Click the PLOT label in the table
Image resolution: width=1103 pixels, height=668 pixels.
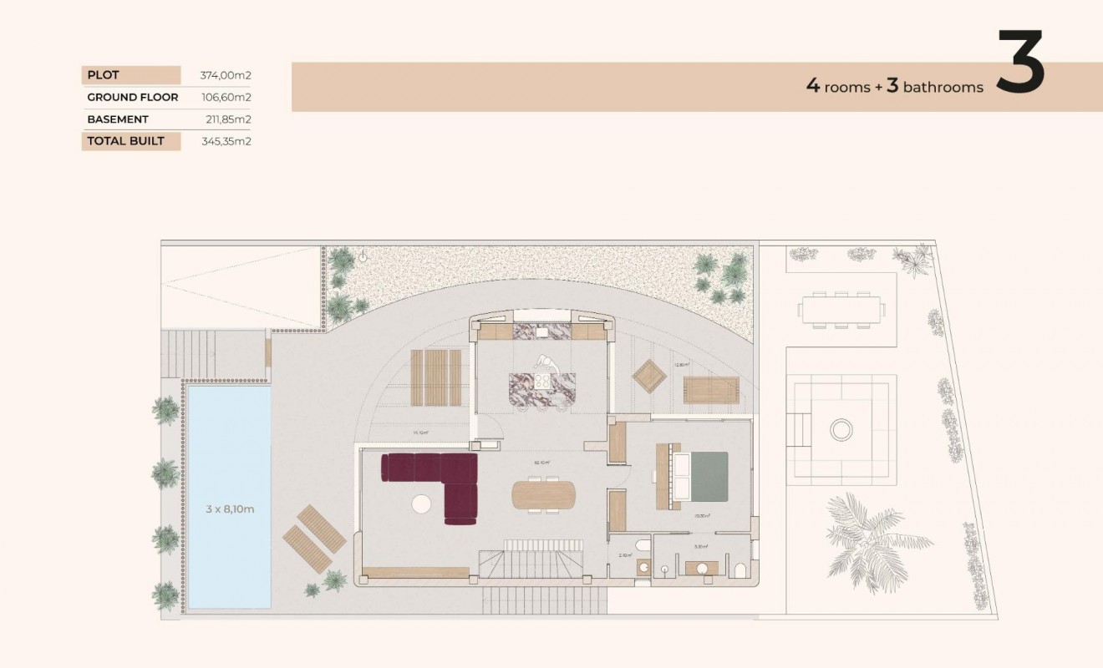[103, 75]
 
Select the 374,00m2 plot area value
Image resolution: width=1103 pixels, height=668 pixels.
[226, 75]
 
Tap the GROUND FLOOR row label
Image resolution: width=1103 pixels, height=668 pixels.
[132, 97]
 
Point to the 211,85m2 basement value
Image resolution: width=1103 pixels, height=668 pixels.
[228, 119]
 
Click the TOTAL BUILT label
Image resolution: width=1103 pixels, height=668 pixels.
[125, 141]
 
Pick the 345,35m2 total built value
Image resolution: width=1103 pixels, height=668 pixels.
[226, 141]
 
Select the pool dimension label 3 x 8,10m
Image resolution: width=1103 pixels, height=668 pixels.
[230, 509]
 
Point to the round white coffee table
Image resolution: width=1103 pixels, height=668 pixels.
[421, 504]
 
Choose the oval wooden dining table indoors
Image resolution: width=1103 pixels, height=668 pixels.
[544, 494]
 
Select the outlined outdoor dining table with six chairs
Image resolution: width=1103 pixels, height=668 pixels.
[841, 310]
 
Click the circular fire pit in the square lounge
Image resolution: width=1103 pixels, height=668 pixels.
[841, 430]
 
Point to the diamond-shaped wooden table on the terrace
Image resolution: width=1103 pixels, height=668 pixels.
[649, 376]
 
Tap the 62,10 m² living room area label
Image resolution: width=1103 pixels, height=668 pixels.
[541, 462]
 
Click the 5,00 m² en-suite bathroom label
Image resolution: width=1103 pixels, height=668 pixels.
[701, 548]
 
